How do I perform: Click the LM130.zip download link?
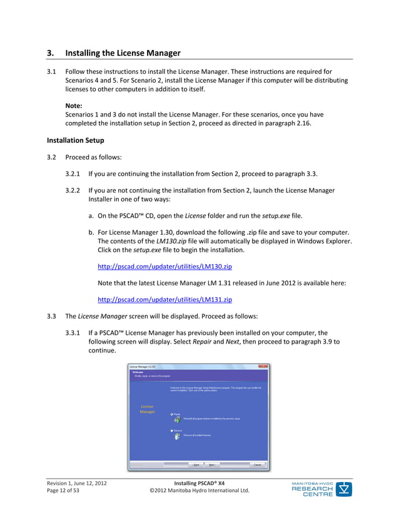coord(165,266)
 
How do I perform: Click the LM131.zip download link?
coord(165,299)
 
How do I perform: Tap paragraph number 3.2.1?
coord(74,173)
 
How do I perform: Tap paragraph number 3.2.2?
coord(74,190)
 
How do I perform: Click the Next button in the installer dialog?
coord(212,465)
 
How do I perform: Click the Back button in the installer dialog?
coord(196,465)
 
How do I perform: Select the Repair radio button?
coord(172,414)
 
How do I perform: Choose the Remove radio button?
coord(172,431)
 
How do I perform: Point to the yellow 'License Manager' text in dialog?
coord(147,409)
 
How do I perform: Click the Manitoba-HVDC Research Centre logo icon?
coord(345,489)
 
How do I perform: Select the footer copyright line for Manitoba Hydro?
coord(199,491)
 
